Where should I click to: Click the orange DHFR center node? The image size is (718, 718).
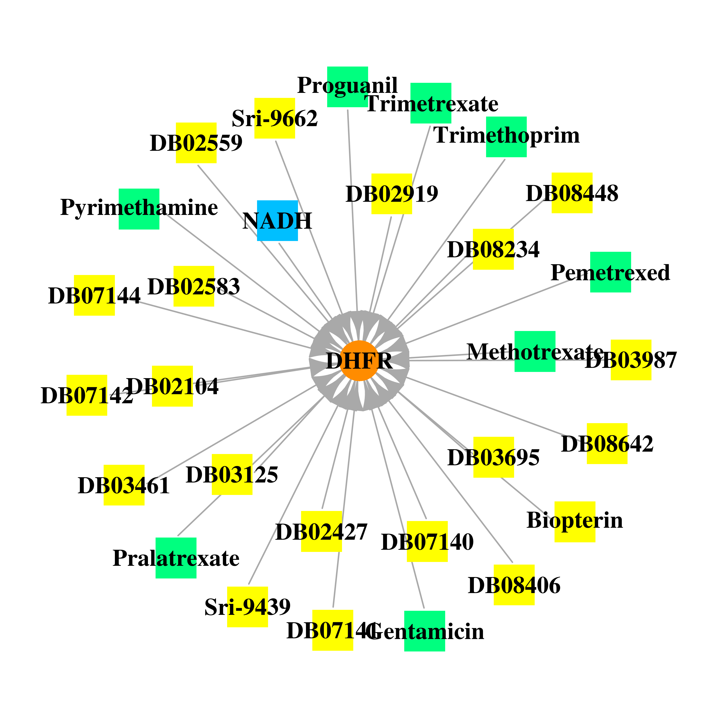point(359,360)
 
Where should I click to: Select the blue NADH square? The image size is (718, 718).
point(277,221)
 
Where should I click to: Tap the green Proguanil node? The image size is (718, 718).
point(348,87)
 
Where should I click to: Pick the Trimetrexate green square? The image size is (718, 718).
point(431,103)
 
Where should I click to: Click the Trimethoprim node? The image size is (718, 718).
point(506,137)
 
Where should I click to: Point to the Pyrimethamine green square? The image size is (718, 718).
point(139,209)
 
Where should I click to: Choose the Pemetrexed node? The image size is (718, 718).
point(610,272)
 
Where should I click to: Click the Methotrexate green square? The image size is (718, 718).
point(535,351)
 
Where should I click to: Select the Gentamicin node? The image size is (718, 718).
point(424,631)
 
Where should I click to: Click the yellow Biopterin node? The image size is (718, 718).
point(575,522)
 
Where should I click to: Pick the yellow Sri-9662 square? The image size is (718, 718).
point(275,118)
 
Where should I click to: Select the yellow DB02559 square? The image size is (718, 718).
point(196,143)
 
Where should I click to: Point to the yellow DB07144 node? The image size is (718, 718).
point(94,295)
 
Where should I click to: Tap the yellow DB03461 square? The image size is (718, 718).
point(124,485)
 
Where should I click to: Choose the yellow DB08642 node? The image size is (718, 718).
point(607,443)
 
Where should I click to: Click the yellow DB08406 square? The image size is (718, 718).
point(514,585)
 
